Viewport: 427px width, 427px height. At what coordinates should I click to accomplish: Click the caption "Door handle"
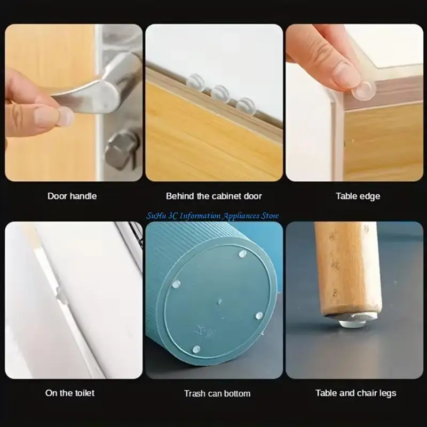pyautogui.click(x=72, y=196)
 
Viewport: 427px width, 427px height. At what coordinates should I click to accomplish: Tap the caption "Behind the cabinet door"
pyautogui.click(x=213, y=196)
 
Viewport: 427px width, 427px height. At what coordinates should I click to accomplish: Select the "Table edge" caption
pyautogui.click(x=358, y=196)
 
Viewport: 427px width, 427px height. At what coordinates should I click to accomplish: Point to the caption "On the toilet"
pyautogui.click(x=70, y=393)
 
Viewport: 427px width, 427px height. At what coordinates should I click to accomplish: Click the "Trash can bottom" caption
pyautogui.click(x=217, y=393)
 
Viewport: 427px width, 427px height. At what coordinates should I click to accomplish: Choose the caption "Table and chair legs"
pyautogui.click(x=355, y=393)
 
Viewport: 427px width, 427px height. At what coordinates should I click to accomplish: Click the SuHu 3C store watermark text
pyautogui.click(x=213, y=216)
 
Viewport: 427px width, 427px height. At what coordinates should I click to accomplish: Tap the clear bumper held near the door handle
pyautogui.click(x=65, y=116)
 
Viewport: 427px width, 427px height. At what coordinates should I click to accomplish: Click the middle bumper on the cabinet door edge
pyautogui.click(x=219, y=94)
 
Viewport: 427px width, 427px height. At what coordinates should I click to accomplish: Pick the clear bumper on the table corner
pyautogui.click(x=363, y=89)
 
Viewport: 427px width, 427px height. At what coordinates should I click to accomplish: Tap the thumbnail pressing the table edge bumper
pyautogui.click(x=346, y=75)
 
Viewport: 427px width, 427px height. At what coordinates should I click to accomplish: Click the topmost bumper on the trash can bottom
pyautogui.click(x=243, y=254)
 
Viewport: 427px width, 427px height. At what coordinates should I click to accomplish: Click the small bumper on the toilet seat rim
pyautogui.click(x=62, y=293)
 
